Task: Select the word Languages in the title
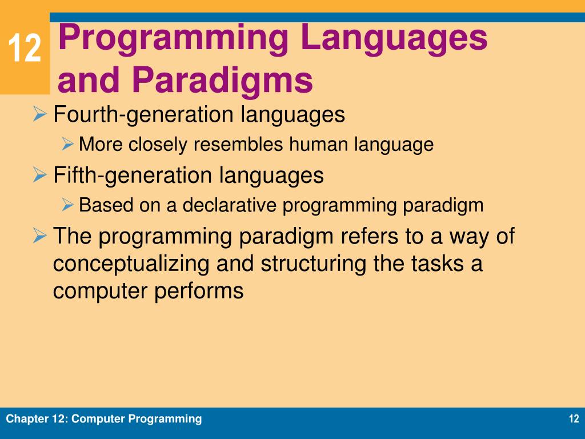(394, 39)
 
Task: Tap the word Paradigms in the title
(222, 80)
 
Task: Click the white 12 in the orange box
(25, 48)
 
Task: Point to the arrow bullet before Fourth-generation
(39, 114)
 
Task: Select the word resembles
(238, 144)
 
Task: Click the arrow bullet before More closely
(67, 143)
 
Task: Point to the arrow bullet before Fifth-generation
(39, 174)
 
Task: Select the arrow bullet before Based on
(67, 205)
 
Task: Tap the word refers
(370, 236)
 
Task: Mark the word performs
(199, 291)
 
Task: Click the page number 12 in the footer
(574, 418)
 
